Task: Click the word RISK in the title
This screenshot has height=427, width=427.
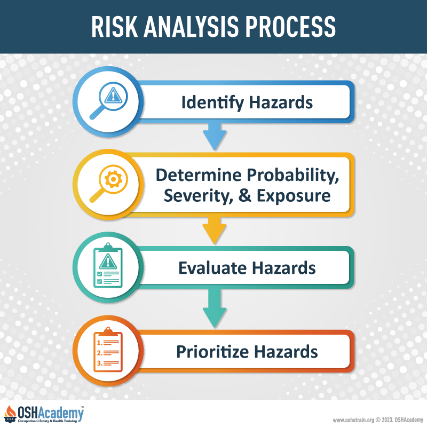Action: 114,26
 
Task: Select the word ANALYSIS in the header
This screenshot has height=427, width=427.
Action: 192,26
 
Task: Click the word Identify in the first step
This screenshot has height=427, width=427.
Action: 212,103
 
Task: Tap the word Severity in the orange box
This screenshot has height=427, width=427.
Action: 199,195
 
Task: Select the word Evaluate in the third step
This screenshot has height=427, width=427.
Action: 212,268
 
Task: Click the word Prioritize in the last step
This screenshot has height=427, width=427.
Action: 212,351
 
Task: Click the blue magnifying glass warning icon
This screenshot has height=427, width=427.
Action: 109,100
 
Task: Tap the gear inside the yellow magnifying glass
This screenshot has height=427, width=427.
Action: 113,179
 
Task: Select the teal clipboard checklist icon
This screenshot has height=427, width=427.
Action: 108,265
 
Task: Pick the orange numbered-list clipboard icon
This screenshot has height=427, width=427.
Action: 108,350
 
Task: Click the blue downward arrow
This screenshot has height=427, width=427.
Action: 215,136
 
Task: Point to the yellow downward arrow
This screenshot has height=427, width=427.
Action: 215,230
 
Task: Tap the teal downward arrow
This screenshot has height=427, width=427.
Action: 215,308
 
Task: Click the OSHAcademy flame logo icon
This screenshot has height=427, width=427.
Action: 10,414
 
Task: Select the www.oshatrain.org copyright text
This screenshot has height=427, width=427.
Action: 378,420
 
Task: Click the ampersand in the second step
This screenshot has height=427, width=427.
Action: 245,196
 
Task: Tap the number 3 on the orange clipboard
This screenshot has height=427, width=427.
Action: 99,363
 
